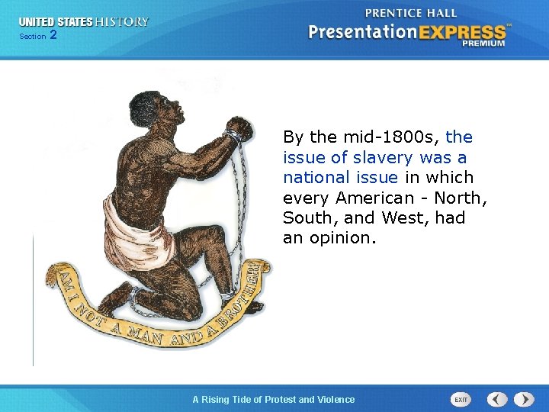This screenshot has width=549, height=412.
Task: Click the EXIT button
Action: tap(461, 399)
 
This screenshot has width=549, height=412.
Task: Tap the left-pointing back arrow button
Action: tap(497, 399)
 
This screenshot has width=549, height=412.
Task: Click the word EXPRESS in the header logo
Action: tap(460, 32)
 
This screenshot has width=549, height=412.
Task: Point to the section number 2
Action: tap(53, 36)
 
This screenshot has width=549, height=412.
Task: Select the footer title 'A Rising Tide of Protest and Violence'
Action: tap(273, 399)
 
